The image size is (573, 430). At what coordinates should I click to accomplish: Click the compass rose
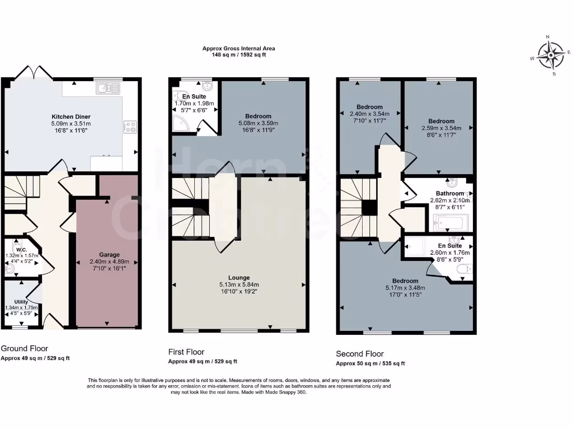pos(551,55)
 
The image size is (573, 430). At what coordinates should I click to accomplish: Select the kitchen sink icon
pos(107,88)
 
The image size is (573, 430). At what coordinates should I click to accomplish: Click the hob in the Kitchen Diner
pos(130,127)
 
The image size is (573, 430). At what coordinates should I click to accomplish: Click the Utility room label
pos(21,302)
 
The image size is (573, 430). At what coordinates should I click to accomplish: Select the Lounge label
pos(239,278)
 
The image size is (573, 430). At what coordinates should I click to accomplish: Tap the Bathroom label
pos(451,194)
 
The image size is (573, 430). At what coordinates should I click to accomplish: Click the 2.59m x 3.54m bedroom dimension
pos(441,128)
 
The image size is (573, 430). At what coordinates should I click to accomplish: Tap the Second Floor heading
pos(359,354)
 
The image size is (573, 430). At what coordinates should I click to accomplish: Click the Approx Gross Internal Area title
pos(238,49)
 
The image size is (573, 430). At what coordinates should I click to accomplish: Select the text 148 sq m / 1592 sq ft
pos(238,55)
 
